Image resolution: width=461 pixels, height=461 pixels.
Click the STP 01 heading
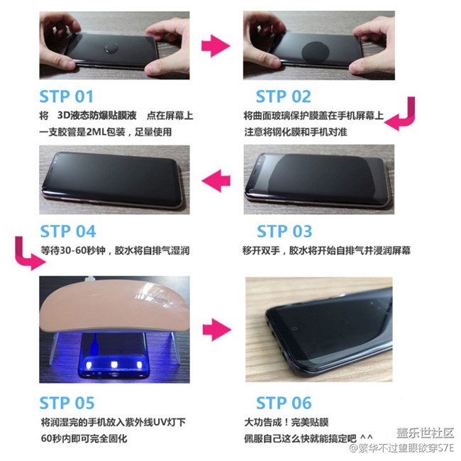pyautogui.click(x=67, y=96)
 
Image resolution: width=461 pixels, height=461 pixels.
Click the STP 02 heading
pyautogui.click(x=283, y=96)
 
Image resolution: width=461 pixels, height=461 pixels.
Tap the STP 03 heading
pyautogui.click(x=284, y=231)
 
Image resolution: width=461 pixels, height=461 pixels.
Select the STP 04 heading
pyautogui.click(x=68, y=231)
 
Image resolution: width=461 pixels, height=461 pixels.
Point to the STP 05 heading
pyautogui.click(x=67, y=403)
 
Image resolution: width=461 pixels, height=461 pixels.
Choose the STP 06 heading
pyautogui.click(x=284, y=403)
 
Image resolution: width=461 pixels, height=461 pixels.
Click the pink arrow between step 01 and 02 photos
pyautogui.click(x=216, y=46)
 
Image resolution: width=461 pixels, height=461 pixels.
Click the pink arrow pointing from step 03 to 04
pyautogui.click(x=216, y=181)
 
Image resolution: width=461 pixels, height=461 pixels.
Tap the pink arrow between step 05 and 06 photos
pyautogui.click(x=217, y=330)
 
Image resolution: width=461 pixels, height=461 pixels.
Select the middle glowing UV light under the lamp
pyautogui.click(x=113, y=365)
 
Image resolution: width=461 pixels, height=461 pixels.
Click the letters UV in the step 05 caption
pyautogui.click(x=160, y=423)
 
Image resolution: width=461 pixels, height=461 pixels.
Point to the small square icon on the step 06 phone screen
pyautogui.click(x=294, y=328)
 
